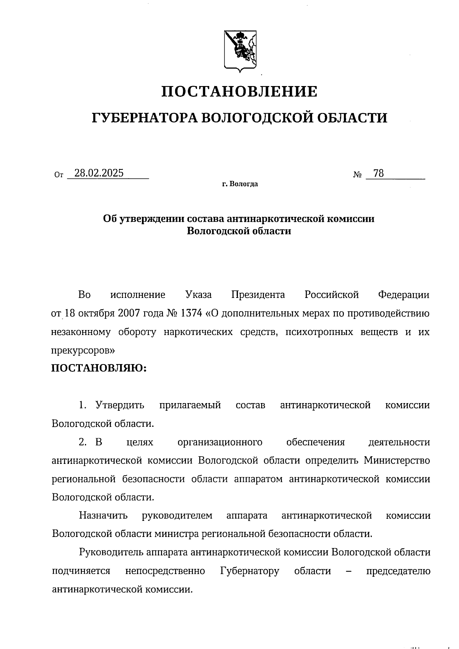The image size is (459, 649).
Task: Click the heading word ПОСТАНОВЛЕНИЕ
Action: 239,92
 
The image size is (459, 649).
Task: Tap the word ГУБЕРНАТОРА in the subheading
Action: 144,118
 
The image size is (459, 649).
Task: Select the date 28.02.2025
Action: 99,173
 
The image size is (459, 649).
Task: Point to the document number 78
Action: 378,174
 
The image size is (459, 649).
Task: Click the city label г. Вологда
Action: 240,184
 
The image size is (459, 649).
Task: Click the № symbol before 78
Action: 357,175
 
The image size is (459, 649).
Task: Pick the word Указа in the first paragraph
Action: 198,295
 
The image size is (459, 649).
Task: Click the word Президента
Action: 258,295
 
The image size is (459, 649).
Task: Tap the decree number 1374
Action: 191,314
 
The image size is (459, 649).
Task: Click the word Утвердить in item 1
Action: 120,405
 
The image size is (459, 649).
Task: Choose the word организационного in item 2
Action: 220,442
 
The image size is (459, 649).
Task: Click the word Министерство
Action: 397,460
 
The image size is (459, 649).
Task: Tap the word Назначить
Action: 103,516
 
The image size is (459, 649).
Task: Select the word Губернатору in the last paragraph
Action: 250,571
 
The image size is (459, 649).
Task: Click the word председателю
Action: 398,571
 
